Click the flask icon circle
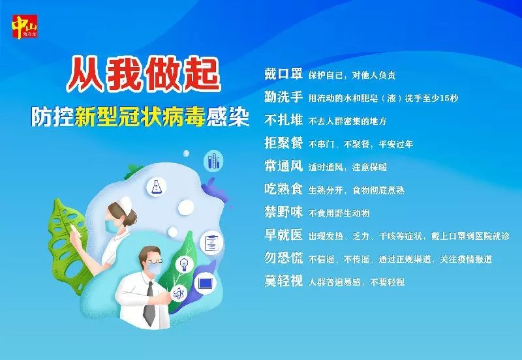coord(157,187)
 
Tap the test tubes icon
coord(213,159)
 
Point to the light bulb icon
coord(185,263)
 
